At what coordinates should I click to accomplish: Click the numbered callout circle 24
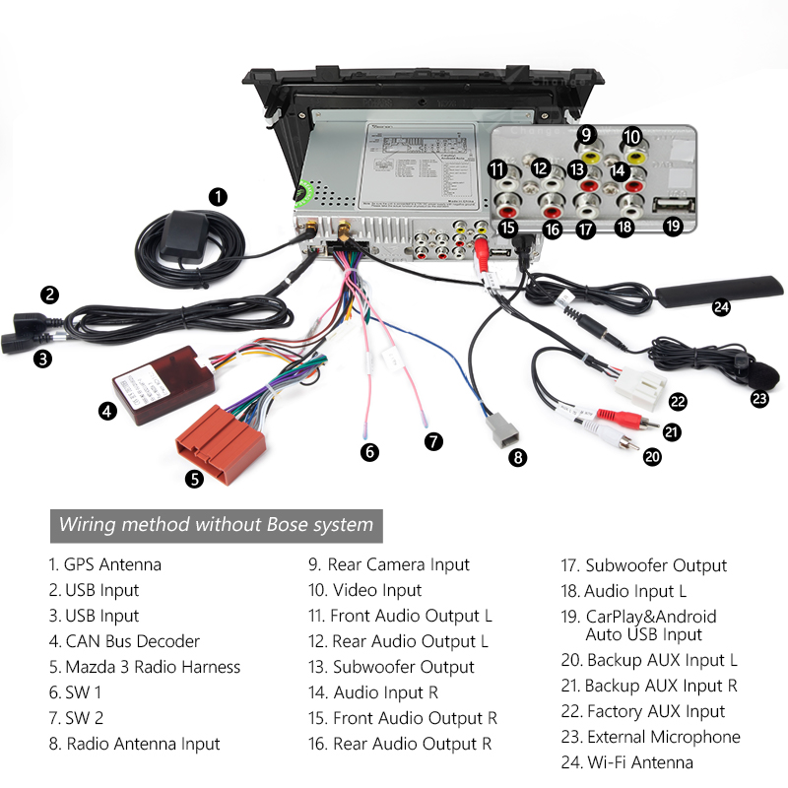click(722, 306)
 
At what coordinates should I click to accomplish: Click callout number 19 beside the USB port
click(673, 227)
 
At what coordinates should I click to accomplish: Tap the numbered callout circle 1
click(218, 196)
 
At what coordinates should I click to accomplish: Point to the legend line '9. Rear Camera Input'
click(389, 564)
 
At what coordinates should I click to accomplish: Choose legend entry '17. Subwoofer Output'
click(644, 565)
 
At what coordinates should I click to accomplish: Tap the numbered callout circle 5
click(194, 479)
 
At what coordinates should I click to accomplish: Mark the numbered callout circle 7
click(433, 441)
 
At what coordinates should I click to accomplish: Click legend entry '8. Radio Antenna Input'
click(134, 744)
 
